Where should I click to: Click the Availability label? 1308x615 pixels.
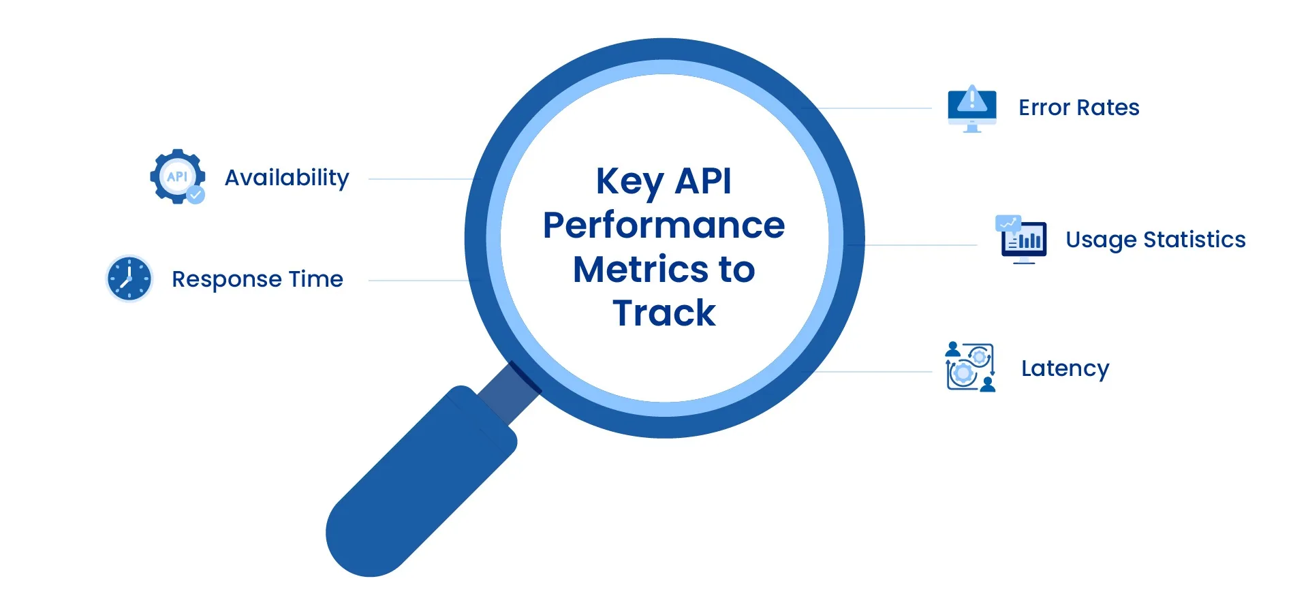[x=287, y=178]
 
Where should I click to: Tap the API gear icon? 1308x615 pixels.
[x=176, y=176]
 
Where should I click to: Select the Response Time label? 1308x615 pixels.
[x=258, y=279]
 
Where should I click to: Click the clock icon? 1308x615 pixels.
[x=129, y=279]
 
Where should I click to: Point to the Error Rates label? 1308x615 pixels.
[x=1078, y=108]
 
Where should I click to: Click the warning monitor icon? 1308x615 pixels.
[x=972, y=108]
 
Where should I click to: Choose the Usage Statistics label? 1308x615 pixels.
[x=1155, y=240]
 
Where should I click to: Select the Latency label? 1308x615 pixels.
[x=1065, y=368]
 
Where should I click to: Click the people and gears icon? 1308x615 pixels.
[x=970, y=367]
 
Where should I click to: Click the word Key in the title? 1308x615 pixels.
[x=629, y=182]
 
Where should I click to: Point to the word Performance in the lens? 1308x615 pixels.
[x=664, y=225]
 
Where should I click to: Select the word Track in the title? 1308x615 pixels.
[x=664, y=313]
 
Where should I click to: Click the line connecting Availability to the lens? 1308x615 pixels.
[x=422, y=179]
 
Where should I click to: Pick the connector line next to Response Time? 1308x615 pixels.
[x=419, y=281]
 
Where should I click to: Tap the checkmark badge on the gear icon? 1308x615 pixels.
[x=196, y=195]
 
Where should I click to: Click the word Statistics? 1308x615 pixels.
[x=1194, y=240]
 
